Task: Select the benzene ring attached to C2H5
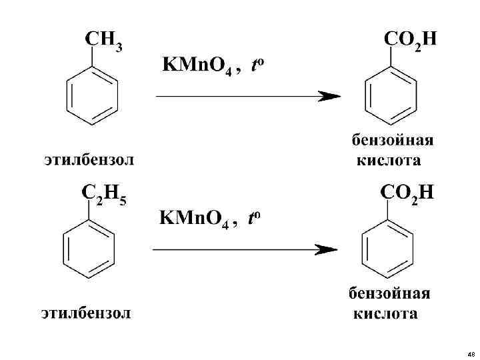89,251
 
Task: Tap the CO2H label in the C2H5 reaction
407,193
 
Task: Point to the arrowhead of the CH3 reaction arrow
329,97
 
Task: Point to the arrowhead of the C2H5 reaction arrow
326,250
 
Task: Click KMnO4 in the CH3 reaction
197,67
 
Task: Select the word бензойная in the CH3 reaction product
393,141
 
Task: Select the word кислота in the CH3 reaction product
389,161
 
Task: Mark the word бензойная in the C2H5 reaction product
390,294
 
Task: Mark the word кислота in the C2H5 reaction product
386,313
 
